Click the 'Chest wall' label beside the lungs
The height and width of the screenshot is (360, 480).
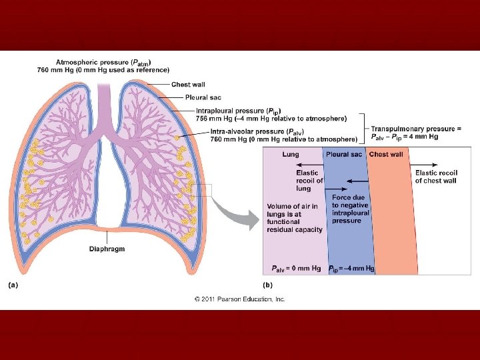pyautogui.click(x=189, y=84)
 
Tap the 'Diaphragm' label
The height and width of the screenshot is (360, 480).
pyautogui.click(x=107, y=249)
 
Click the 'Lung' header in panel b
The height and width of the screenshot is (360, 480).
pyautogui.click(x=290, y=155)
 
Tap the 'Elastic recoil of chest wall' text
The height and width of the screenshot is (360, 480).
pyautogui.click(x=435, y=177)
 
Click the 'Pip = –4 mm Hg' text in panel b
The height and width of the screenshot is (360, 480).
pyautogui.click(x=351, y=268)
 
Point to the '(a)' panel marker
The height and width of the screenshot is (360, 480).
pyautogui.click(x=13, y=285)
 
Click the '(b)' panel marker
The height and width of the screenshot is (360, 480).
pyautogui.click(x=267, y=285)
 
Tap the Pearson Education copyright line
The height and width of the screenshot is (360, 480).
pyautogui.click(x=240, y=299)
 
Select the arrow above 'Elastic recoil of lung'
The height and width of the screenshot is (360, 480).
pyautogui.click(x=307, y=164)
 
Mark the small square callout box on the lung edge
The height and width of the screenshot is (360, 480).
pyautogui.click(x=204, y=190)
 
